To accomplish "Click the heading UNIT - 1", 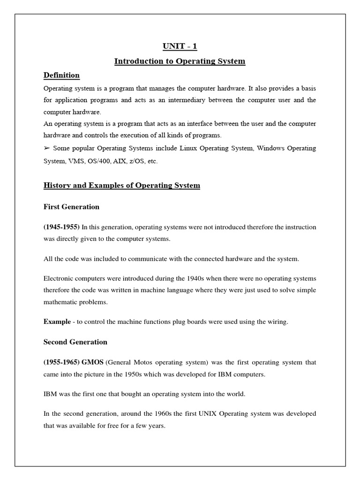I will point(180,46).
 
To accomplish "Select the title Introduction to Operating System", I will point(180,61).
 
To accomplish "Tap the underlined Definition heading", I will point(61,75).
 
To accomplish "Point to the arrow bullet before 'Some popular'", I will point(47,148).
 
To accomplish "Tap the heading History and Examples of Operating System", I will point(121,186).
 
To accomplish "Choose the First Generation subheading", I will point(71,207).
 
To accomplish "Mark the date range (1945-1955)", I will point(61,227).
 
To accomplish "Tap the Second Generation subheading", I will point(75,342).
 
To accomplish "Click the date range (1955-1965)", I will point(61,362).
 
